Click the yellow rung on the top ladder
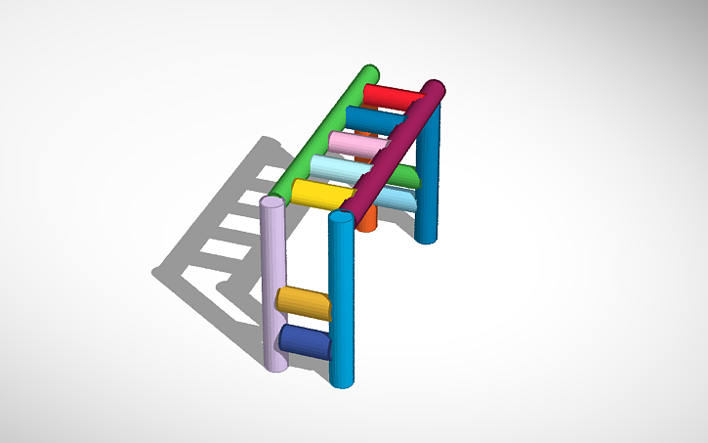[318, 193]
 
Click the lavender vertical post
[274, 284]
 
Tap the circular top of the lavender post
[273, 202]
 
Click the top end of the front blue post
[340, 216]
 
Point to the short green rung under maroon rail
[402, 176]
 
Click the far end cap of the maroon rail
[437, 91]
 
